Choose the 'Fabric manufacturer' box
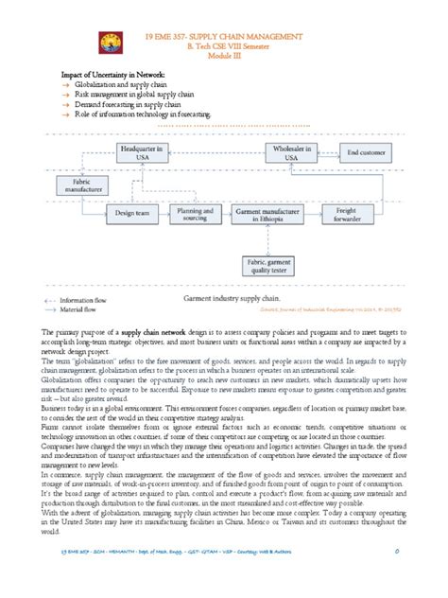click(80, 183)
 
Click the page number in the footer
click(399, 576)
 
